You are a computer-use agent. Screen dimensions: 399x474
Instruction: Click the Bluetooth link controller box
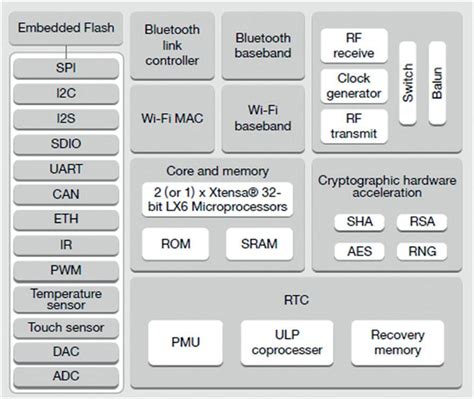171,46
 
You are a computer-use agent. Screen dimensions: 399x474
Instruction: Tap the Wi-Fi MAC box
171,118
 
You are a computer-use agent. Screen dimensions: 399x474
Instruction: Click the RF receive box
353,45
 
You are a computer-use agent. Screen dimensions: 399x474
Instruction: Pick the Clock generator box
353,86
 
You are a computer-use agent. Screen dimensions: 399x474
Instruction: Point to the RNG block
416,252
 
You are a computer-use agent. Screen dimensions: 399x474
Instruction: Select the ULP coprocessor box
286,342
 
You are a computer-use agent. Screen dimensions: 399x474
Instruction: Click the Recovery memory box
397,342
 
